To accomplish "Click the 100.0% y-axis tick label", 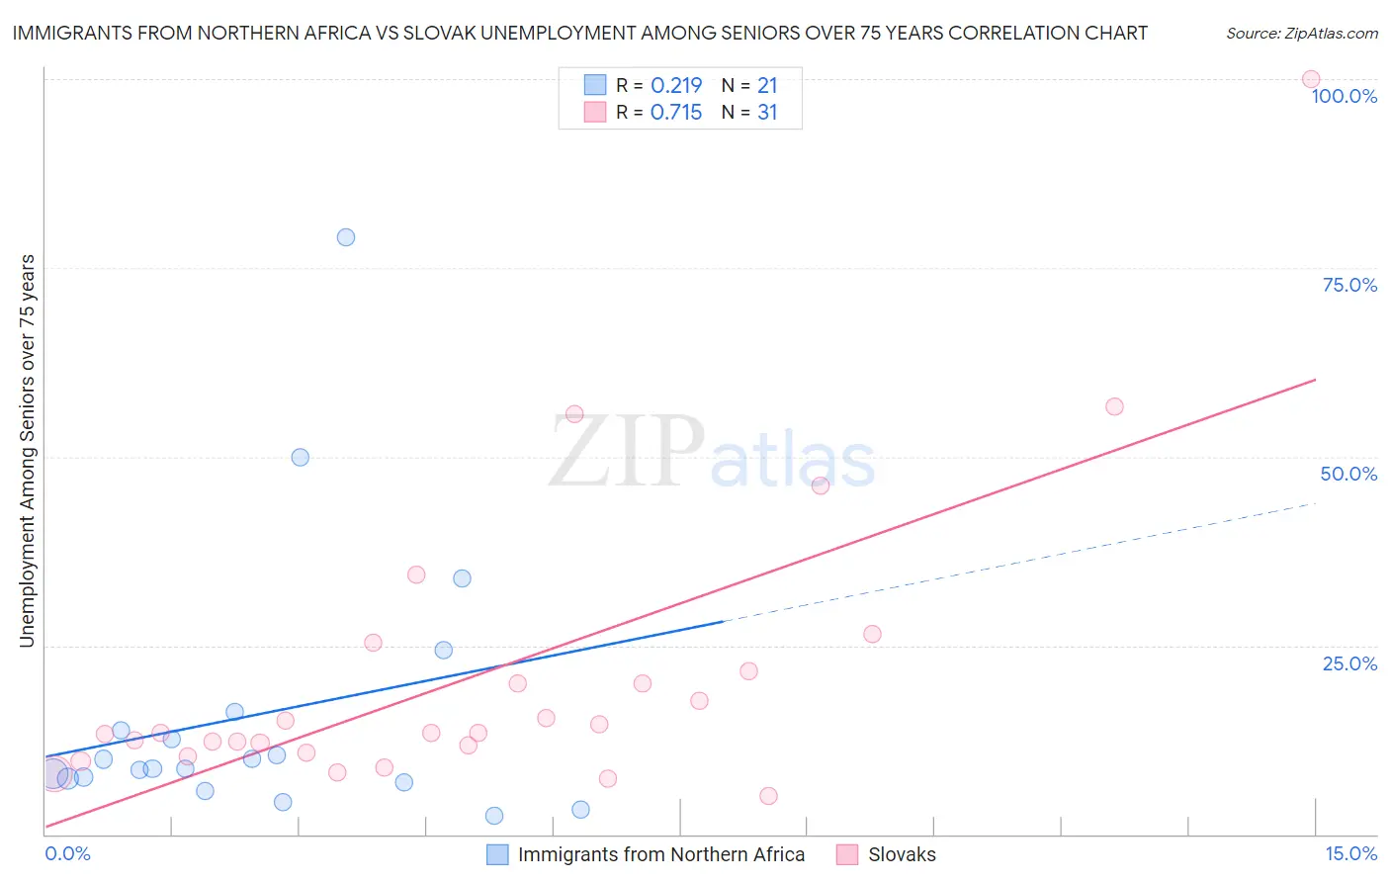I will pyautogui.click(x=1344, y=96).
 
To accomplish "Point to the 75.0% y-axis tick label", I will pyautogui.click(x=1349, y=285).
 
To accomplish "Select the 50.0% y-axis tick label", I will pyautogui.click(x=1348, y=474).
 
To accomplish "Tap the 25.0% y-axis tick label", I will pyautogui.click(x=1349, y=663).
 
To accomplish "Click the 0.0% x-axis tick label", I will pyautogui.click(x=67, y=853).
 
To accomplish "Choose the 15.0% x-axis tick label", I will pyautogui.click(x=1350, y=853).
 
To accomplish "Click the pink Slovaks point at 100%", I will pyautogui.click(x=1311, y=79).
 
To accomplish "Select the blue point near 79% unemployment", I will pyautogui.click(x=346, y=237).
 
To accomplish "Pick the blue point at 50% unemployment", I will pyautogui.click(x=301, y=457).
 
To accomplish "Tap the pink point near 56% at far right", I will pyautogui.click(x=1114, y=406).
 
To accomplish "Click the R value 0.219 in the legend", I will pyautogui.click(x=676, y=85).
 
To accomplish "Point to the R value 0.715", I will pyautogui.click(x=676, y=112).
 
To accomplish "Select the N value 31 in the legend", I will pyautogui.click(x=767, y=112).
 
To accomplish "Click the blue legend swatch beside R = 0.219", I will pyautogui.click(x=594, y=85).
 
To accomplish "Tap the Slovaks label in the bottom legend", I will pyautogui.click(x=902, y=854).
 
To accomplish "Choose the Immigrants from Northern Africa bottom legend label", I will pyautogui.click(x=661, y=854).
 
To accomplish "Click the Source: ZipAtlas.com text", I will pyautogui.click(x=1301, y=33).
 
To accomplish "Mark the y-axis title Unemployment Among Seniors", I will pyautogui.click(x=27, y=451).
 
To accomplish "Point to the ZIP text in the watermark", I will pyautogui.click(x=627, y=452).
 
